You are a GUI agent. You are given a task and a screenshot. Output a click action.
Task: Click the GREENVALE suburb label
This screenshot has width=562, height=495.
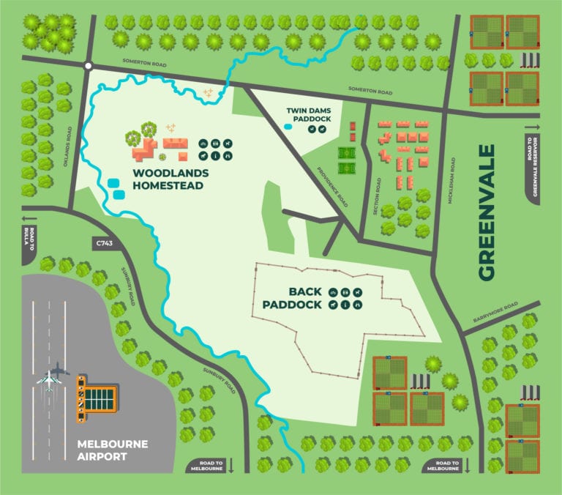pos(487,212)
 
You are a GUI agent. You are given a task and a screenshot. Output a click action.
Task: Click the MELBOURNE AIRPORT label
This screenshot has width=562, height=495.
pos(113,450)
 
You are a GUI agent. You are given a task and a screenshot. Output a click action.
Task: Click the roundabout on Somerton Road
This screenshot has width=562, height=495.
pos(88,66)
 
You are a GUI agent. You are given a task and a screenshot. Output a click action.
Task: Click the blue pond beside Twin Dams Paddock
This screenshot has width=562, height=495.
pos(288,127)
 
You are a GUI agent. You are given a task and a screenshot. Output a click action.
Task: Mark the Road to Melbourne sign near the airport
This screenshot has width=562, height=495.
pos(208,466)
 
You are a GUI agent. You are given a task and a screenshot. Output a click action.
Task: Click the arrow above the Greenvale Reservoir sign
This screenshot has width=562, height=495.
pos(532,127)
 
